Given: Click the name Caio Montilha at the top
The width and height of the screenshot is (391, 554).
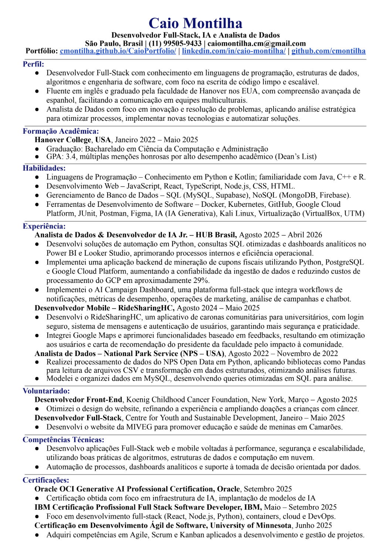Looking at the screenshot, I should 195,23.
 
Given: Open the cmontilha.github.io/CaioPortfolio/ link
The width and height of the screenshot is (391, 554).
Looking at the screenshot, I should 118,51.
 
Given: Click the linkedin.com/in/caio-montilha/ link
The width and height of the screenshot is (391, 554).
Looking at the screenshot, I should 234,51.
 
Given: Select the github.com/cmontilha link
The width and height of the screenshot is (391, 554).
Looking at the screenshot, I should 328,51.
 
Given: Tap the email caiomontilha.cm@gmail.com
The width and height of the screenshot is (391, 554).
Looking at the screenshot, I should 256,43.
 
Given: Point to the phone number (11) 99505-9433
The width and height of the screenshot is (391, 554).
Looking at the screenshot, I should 175,43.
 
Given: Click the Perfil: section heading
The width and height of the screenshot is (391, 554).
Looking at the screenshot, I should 33,64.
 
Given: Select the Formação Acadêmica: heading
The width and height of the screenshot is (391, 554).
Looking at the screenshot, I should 61,131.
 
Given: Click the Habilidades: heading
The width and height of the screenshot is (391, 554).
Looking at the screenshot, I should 44,168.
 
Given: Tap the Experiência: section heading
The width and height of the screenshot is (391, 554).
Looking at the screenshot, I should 44,226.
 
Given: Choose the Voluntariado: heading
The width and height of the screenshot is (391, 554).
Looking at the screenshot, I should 46,391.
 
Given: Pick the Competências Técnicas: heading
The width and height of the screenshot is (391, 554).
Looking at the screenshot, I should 63,440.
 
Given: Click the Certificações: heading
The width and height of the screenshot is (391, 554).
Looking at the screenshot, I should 46,480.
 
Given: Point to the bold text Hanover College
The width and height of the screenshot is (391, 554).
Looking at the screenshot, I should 63,140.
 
